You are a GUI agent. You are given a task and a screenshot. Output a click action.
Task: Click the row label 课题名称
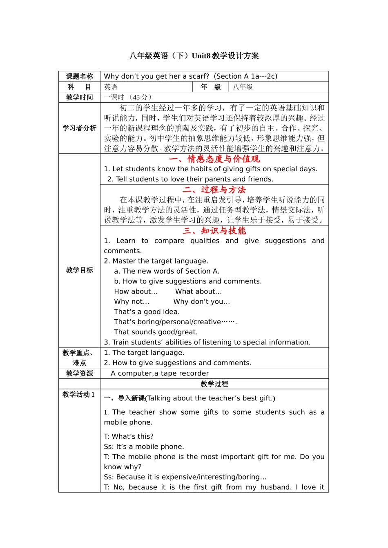(79, 76)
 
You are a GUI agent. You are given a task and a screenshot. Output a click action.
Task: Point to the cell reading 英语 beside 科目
(111, 87)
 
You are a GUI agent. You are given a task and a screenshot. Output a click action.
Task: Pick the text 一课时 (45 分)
(128, 97)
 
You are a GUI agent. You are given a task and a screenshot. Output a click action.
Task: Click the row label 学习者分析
(79, 128)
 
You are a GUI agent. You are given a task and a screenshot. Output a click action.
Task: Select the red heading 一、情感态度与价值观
(214, 159)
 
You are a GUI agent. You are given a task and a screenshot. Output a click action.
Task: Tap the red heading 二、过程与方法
(214, 190)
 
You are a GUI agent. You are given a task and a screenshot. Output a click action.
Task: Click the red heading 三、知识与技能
(214, 231)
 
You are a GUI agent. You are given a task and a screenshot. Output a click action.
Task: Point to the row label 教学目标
(79, 270)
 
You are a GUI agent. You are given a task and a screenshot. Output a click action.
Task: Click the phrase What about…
(198, 292)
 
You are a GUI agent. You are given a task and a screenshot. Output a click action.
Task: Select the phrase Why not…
(132, 302)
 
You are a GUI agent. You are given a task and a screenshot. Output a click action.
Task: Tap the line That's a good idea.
(147, 312)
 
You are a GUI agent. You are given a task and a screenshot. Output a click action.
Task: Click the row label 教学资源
(79, 373)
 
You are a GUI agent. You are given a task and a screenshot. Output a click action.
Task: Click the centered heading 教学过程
(214, 384)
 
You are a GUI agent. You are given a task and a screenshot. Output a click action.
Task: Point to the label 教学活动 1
(78, 394)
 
